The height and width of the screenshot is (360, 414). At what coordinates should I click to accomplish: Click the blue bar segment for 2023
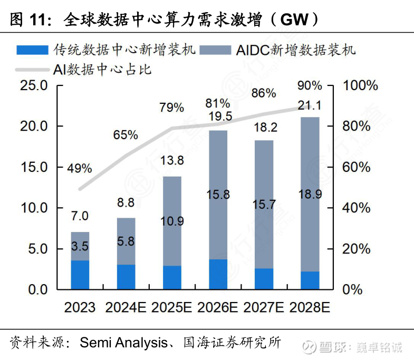tap(80, 275)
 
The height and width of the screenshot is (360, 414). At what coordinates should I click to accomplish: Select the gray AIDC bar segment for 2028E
tap(310, 194)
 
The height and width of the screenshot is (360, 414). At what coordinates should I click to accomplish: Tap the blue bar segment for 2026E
tap(218, 274)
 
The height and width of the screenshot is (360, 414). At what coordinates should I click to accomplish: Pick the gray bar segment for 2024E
tap(126, 241)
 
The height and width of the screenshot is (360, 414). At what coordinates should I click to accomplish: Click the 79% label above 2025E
tap(171, 108)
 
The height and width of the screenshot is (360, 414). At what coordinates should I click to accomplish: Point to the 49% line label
tap(79, 169)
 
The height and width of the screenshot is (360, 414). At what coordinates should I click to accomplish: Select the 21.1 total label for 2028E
tap(310, 105)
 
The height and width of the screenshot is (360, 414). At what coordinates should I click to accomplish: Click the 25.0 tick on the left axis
tap(34, 86)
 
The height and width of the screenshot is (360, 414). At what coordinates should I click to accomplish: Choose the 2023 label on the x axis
tap(80, 307)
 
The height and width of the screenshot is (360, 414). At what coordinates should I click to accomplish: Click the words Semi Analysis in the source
tap(122, 343)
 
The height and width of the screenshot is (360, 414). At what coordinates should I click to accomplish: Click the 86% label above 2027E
tap(264, 93)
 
